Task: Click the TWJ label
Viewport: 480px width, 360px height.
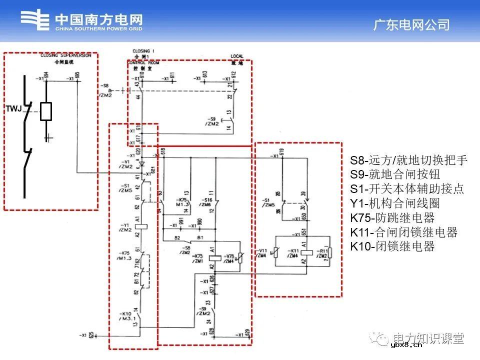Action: point(13,108)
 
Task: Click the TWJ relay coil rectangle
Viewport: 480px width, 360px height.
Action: point(46,111)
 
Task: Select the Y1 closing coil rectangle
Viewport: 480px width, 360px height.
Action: point(142,225)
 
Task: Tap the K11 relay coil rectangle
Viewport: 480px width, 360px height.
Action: point(307,252)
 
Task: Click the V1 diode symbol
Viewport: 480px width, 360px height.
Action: point(142,164)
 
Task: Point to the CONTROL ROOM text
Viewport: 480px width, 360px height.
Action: point(140,62)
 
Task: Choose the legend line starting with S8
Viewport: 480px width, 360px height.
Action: point(408,160)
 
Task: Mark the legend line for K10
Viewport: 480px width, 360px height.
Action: point(392,246)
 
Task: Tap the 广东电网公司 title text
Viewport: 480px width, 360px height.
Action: point(411,25)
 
